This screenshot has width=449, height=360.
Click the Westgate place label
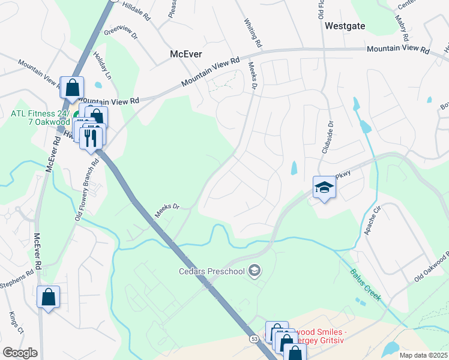[x=345, y=26]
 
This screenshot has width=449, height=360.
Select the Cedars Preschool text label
[x=212, y=271]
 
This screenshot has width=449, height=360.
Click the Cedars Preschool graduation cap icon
[x=255, y=271]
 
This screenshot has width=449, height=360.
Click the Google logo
[x=20, y=352]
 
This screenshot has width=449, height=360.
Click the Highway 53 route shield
[x=255, y=340]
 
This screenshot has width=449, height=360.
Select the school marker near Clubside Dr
[x=324, y=188]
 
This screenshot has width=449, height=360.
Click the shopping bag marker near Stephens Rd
[x=48, y=297]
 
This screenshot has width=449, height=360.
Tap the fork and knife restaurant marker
[x=90, y=137]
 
